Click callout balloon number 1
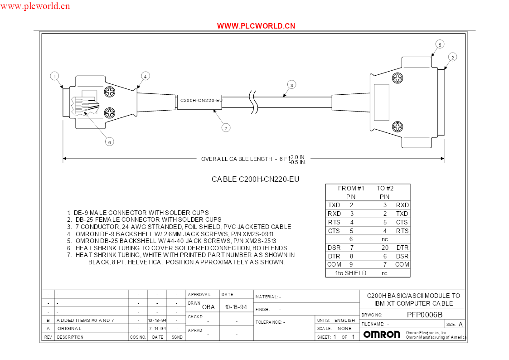tap(54, 77)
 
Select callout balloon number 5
tap(440, 45)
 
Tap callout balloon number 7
tap(226, 128)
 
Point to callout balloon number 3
tap(291, 85)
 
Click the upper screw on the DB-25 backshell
tap(398, 78)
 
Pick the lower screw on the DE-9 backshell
tap(110, 113)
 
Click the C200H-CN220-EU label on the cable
tap(201, 101)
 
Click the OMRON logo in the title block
tap(382, 334)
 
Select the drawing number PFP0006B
tap(425, 315)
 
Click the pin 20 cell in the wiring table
tap(385, 248)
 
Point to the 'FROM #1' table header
tap(351, 188)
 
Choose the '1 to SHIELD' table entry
tap(350, 273)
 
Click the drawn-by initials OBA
tap(208, 307)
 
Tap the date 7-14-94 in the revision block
tap(157, 329)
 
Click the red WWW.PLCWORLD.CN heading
tap(256, 26)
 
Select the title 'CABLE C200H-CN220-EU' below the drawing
tap(256, 179)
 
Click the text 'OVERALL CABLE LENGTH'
tap(237, 159)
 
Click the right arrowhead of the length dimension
tap(442, 159)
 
